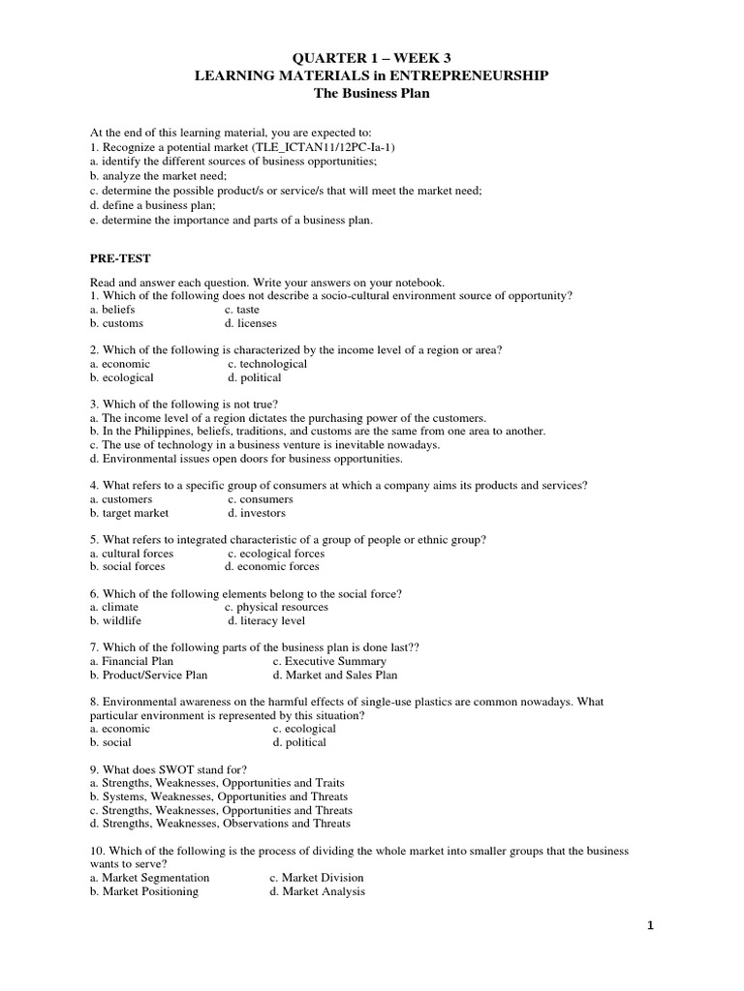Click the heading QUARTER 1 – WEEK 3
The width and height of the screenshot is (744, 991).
(x=372, y=59)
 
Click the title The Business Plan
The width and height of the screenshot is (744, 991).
(x=372, y=94)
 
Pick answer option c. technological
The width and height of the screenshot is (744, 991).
(x=267, y=364)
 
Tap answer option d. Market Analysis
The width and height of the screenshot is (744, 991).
(x=317, y=891)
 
